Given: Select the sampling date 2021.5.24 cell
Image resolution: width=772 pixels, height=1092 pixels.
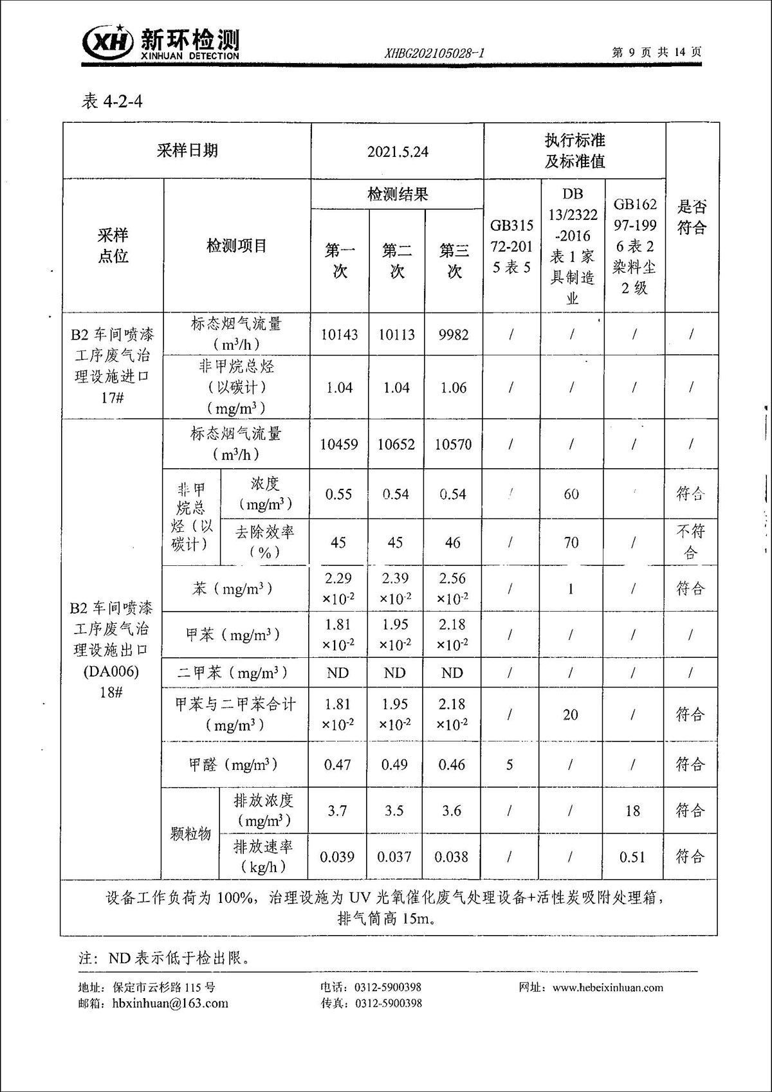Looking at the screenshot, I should (398, 152).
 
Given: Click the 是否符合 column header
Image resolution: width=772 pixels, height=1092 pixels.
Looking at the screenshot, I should (692, 217).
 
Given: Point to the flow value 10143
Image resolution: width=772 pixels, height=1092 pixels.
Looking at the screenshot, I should (339, 334).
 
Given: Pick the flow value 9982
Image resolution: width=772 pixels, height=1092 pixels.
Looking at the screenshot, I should (454, 334).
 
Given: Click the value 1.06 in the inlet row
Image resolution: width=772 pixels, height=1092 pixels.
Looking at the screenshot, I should (454, 388).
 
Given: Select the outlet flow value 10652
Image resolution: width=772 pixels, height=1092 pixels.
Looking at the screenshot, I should (396, 444).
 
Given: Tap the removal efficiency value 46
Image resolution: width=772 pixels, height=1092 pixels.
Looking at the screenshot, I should (453, 543).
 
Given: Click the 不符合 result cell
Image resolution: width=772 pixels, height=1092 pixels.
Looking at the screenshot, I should (691, 541).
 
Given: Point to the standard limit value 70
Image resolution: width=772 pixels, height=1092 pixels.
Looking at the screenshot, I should (571, 543).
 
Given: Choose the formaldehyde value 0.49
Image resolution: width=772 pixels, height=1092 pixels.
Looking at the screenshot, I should (394, 765).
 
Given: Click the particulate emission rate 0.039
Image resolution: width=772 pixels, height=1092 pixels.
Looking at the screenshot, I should (337, 857).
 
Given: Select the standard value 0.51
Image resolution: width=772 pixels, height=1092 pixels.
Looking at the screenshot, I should (632, 857).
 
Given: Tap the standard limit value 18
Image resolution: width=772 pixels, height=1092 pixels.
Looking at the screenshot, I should (632, 811).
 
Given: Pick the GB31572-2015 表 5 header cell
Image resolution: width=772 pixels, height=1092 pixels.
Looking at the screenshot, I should (512, 246).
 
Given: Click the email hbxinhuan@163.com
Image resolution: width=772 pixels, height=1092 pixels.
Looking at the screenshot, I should (170, 1003).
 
